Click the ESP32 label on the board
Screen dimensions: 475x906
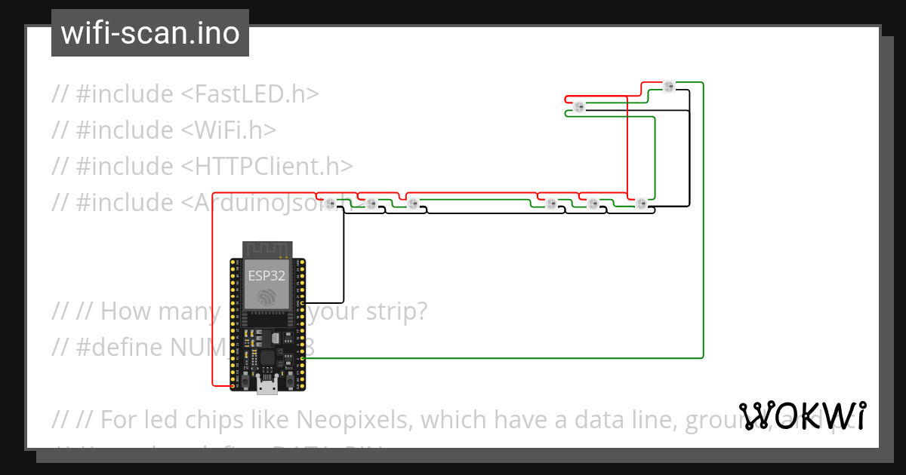coord(267,276)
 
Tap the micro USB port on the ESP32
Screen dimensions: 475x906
coord(267,388)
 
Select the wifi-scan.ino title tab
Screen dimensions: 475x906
coord(150,34)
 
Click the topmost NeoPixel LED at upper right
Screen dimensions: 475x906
coord(668,87)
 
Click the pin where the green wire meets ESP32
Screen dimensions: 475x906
coord(303,358)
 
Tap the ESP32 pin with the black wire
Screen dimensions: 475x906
coord(303,302)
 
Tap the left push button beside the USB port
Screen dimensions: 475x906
coord(246,383)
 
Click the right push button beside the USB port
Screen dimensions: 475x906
coord(288,383)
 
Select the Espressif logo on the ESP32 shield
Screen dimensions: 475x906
coord(267,297)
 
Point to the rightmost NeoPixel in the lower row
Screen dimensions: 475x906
coord(641,203)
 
